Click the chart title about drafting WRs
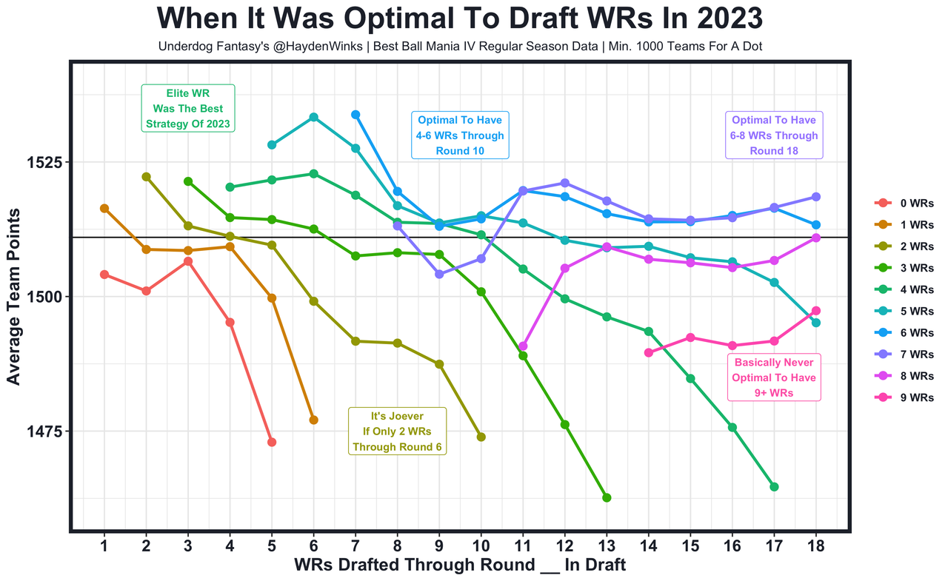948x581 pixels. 459,19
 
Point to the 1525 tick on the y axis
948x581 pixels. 44,162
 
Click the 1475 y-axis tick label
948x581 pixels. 44,431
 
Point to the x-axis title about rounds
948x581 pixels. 459,565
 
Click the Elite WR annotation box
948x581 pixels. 188,108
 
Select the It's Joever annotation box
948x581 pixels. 397,431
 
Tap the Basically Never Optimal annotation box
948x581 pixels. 774,377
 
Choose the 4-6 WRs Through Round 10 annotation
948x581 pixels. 460,135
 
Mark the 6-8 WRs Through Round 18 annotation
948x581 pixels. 774,135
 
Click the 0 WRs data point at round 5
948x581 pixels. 272,442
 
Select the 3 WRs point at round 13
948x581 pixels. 607,497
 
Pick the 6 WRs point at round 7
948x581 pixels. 355,115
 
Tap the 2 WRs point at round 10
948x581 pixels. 481,437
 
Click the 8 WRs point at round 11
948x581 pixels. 523,346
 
